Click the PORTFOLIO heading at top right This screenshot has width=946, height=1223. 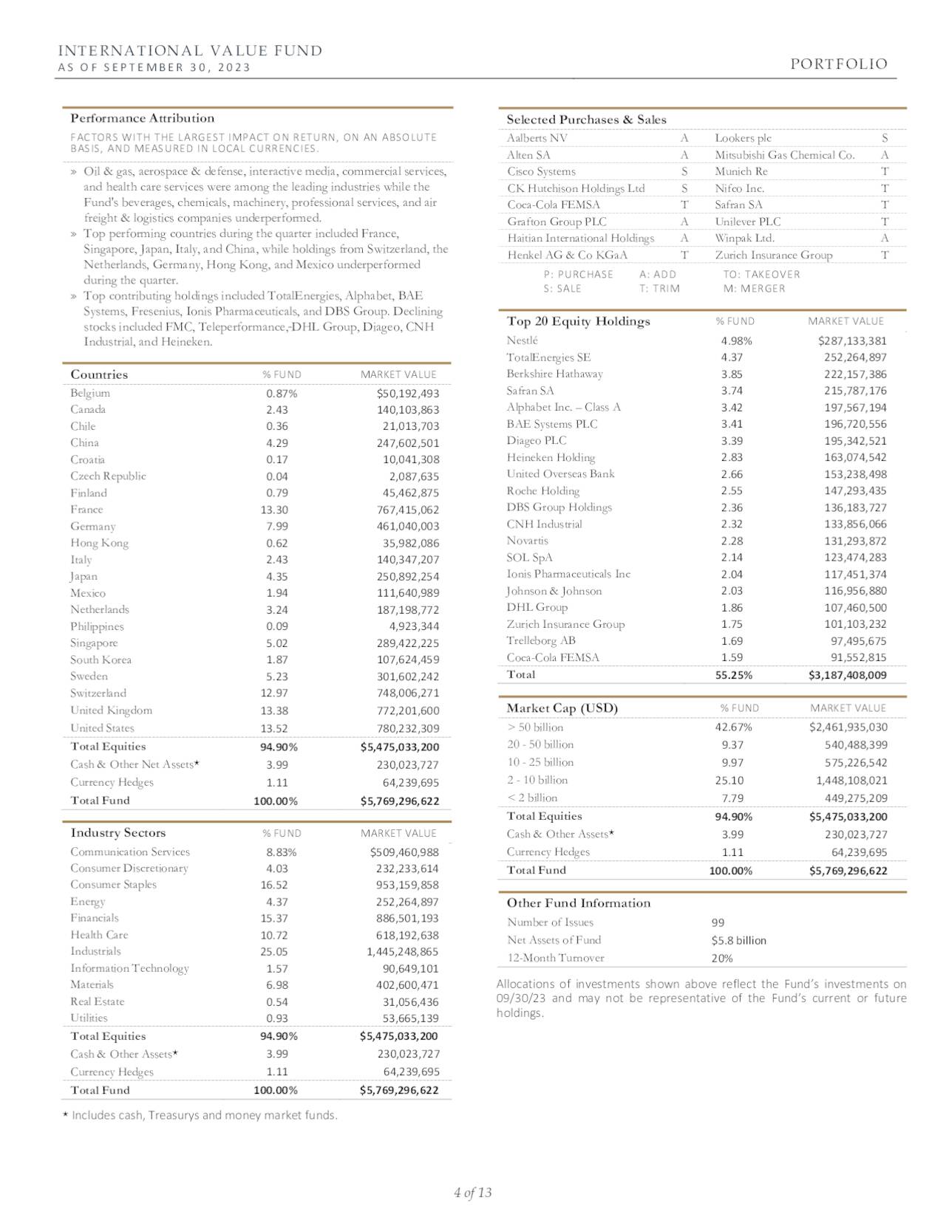click(839, 64)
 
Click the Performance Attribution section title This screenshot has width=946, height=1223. click(142, 118)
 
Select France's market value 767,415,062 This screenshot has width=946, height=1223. click(407, 510)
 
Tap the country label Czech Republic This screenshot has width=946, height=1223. click(108, 476)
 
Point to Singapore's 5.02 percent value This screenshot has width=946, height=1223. click(277, 643)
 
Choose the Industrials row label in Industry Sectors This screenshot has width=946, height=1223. click(95, 951)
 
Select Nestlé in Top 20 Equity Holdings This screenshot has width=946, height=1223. click(523, 340)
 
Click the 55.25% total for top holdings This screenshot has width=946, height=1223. click(736, 675)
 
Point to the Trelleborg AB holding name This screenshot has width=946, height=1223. click(541, 641)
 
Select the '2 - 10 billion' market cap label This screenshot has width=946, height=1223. click(537, 780)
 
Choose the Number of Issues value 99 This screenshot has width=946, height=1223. click(718, 922)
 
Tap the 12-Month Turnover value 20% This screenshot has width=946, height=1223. click(722, 959)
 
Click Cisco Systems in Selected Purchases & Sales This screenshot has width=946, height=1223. click(541, 171)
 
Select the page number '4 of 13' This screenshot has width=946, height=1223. click(473, 1193)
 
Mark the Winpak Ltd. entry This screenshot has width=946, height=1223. click(744, 238)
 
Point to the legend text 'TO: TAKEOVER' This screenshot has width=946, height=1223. click(761, 274)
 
